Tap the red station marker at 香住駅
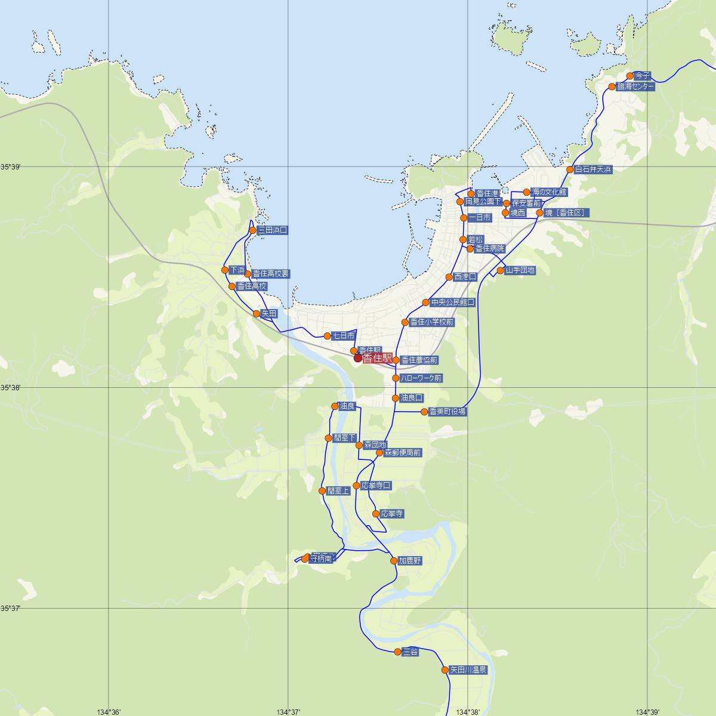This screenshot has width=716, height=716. [358, 359]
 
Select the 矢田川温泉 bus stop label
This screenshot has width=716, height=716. [468, 670]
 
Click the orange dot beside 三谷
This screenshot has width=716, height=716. [398, 652]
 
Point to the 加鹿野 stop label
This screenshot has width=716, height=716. [410, 561]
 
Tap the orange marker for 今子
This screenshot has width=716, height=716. [630, 76]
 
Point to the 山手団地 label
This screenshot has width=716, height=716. [520, 270]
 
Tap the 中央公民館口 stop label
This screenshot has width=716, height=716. [453, 303]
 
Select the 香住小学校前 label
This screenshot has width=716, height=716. [432, 322]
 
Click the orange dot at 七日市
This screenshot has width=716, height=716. [327, 336]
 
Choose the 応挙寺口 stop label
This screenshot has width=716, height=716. [376, 486]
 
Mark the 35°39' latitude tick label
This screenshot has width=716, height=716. [10, 167]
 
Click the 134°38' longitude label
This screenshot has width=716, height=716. [468, 711]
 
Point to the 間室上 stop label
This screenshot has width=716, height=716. [338, 491]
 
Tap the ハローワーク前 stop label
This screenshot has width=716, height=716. [421, 378]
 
